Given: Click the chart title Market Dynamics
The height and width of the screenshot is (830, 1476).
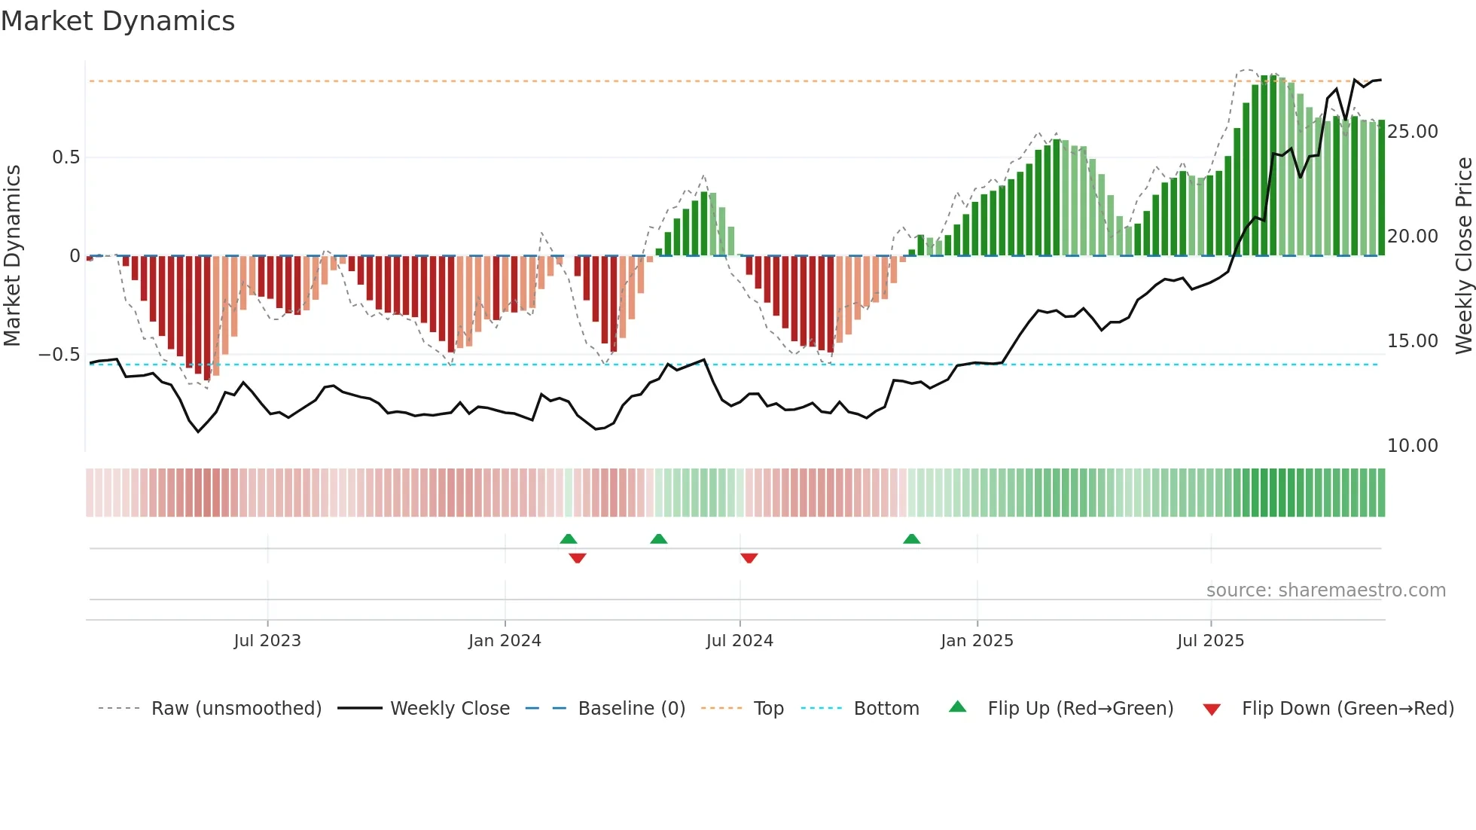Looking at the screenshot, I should point(118,21).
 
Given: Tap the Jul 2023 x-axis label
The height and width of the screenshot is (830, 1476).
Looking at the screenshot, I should point(267,641).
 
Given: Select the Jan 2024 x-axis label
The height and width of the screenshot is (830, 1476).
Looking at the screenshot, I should point(505,641).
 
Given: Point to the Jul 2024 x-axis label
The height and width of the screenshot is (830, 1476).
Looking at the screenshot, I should point(740,641).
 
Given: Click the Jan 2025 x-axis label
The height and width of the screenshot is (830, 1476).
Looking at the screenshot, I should point(977,641).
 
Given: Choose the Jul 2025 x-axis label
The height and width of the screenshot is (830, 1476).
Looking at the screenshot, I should point(1211,641).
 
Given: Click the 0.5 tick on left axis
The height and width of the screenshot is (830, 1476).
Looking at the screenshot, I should point(66,157).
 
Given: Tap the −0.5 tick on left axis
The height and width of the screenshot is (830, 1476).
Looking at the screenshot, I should point(59,354).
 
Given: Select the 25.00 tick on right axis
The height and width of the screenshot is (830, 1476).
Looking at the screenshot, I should point(1413,132).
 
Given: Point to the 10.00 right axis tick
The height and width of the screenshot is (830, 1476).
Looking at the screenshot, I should point(1413,446).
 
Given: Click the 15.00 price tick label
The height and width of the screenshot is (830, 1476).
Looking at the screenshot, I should point(1413,341).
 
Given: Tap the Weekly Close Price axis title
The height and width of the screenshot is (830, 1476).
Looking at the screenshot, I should point(1463,255).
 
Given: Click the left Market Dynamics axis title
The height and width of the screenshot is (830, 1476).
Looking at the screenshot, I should point(12,255).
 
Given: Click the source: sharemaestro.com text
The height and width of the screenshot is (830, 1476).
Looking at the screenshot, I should point(1325,590).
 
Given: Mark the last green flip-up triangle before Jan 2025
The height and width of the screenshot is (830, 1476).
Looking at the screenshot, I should point(911,539).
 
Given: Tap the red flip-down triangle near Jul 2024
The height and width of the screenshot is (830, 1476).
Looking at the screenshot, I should point(749,558).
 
